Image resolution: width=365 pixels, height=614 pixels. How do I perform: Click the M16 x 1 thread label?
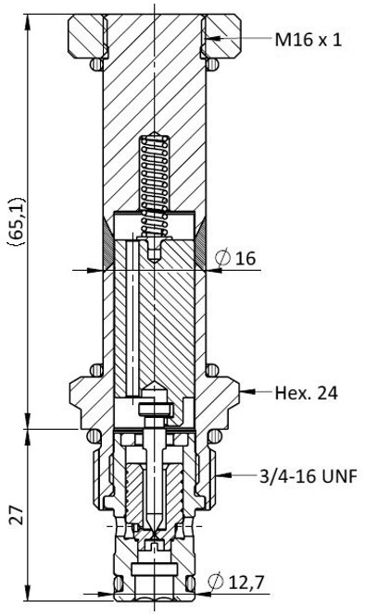pyautogui.click(x=308, y=40)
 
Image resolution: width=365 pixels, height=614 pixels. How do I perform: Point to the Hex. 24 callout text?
pyautogui.click(x=306, y=393)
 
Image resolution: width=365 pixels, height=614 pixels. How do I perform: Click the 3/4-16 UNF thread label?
pyautogui.click(x=308, y=476)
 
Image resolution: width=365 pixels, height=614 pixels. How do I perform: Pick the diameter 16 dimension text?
pyautogui.click(x=236, y=258)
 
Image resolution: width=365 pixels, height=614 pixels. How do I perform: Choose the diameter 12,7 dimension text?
pyautogui.click(x=235, y=583)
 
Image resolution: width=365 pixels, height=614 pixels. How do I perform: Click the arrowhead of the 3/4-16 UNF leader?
pyautogui.click(x=222, y=475)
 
